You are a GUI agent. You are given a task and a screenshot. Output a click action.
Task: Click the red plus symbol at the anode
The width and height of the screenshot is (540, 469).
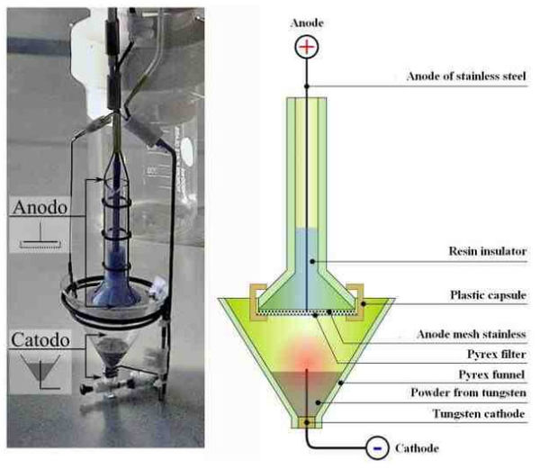(x=307, y=47)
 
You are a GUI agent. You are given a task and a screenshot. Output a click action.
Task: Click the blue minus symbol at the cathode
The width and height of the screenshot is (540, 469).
(x=378, y=446)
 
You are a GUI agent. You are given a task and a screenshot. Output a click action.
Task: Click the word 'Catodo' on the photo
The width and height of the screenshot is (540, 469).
(x=46, y=342)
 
